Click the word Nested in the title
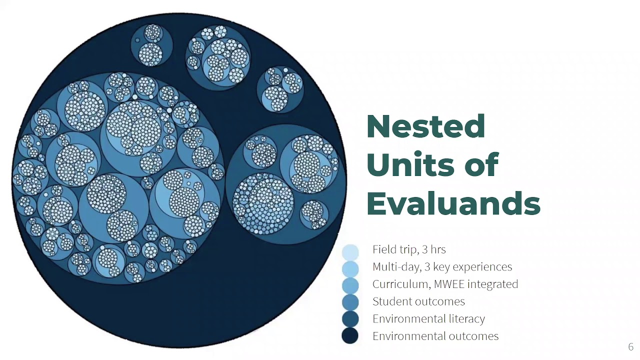click(426, 126)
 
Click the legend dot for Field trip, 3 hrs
click(350, 251)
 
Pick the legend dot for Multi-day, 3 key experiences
click(350, 268)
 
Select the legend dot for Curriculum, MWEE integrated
click(350, 285)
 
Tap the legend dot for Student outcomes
click(350, 302)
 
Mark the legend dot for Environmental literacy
click(350, 319)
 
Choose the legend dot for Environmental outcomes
click(350, 336)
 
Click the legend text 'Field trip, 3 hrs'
click(409, 249)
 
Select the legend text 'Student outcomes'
click(418, 301)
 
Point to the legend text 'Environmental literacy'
click(428, 319)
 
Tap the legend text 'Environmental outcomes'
click(435, 336)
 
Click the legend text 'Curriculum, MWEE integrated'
click(445, 284)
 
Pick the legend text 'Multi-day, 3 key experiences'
click(442, 267)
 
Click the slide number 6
click(630, 347)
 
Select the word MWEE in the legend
click(454, 284)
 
